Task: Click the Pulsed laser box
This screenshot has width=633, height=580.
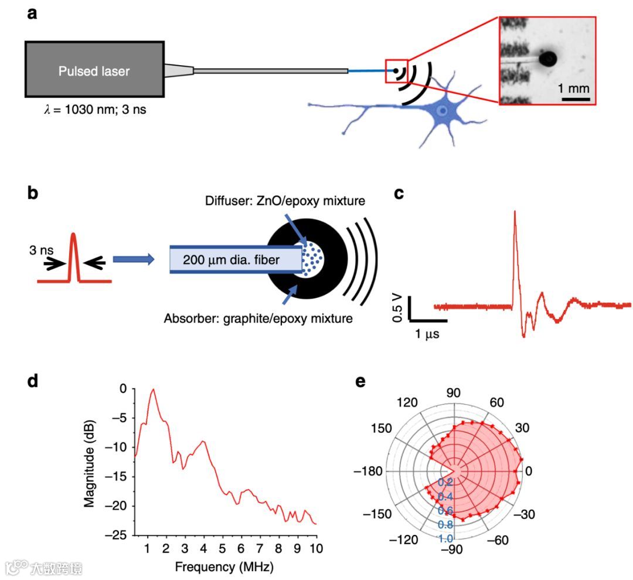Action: point(94,69)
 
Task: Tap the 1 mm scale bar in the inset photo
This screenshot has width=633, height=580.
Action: point(575,98)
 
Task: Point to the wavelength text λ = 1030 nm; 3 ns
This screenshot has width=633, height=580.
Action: point(87,108)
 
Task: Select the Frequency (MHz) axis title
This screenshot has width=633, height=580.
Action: point(224,567)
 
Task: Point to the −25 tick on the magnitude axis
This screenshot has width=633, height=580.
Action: point(117,535)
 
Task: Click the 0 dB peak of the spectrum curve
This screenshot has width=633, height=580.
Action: point(153,389)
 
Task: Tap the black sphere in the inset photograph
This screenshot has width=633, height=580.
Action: point(548,58)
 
